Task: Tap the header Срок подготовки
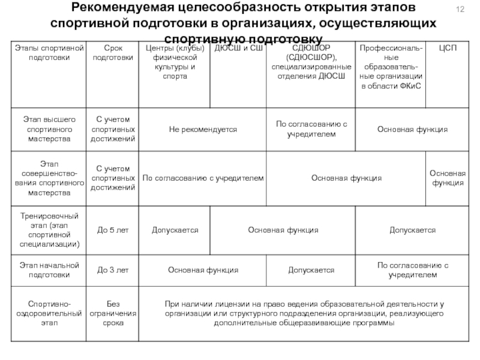pos(113,53)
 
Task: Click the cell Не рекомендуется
pos(203,130)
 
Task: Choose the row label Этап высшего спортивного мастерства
pos(49,130)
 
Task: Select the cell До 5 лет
pos(113,230)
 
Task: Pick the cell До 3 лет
pos(113,271)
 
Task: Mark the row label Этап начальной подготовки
pos(49,271)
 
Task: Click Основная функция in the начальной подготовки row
pos(203,271)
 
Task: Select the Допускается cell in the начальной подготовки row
pos(311,271)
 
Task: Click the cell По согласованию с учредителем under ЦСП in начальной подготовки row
pos(412,271)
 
